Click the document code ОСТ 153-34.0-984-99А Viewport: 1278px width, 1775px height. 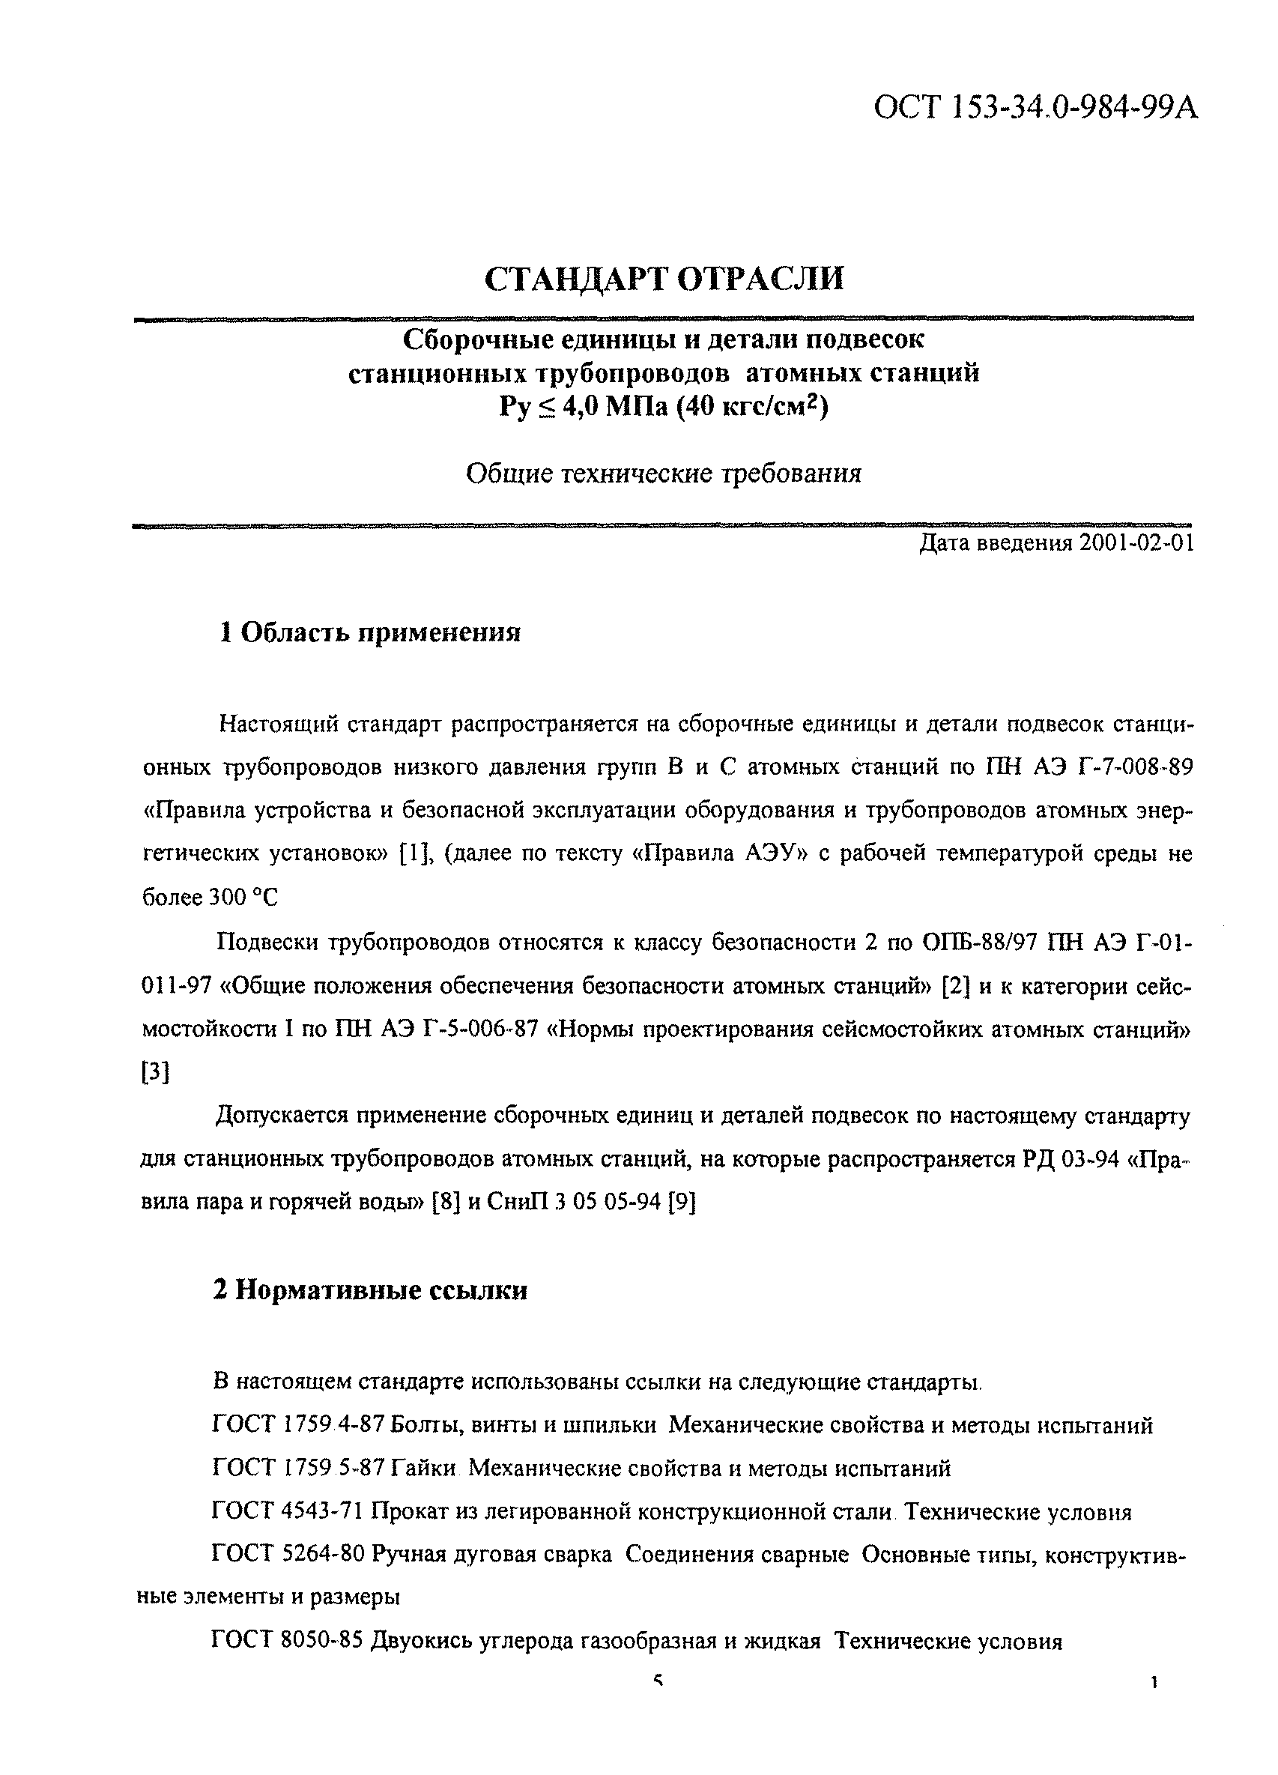pos(1035,108)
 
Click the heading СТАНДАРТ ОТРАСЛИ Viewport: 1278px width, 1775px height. pos(664,279)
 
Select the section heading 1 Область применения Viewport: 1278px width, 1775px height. pos(369,632)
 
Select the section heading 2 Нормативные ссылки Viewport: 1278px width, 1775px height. pos(369,1290)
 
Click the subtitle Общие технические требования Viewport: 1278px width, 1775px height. pos(664,474)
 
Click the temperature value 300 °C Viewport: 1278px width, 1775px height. pos(243,898)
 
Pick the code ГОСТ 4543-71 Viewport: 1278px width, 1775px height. pos(287,1512)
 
